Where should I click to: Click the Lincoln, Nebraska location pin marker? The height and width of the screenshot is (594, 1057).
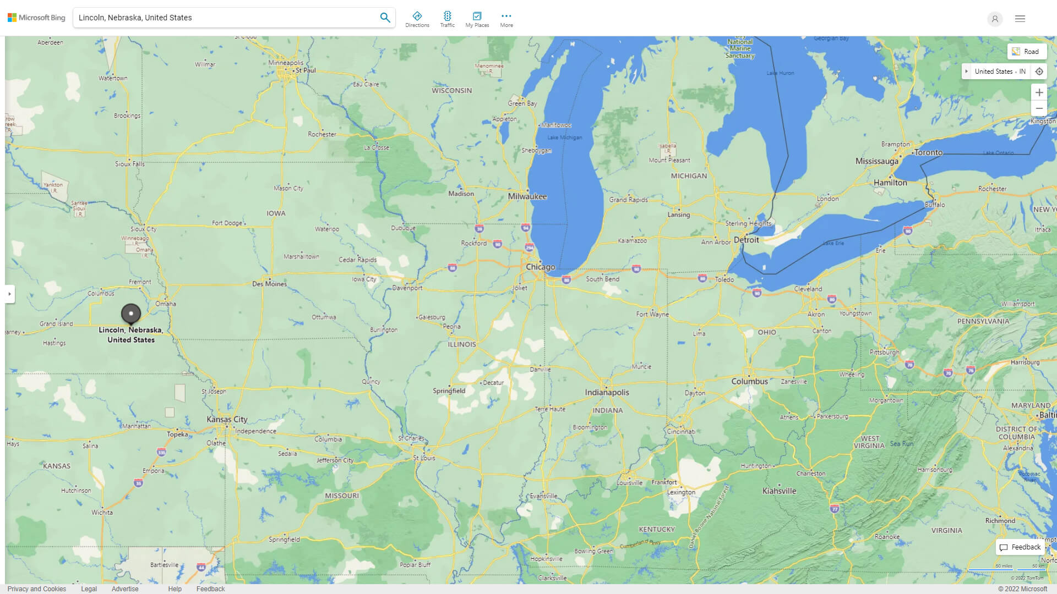click(131, 313)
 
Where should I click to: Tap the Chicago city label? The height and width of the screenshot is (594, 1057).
click(540, 267)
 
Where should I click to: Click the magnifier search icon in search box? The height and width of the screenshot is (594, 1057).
click(385, 18)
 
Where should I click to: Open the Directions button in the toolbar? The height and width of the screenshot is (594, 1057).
click(417, 19)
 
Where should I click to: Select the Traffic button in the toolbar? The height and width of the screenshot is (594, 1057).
click(447, 19)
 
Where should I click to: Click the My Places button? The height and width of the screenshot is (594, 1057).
click(477, 19)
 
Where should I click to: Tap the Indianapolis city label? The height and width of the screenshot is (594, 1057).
click(607, 392)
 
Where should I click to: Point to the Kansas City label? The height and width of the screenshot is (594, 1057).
click(227, 419)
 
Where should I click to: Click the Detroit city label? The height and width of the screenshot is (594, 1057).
click(746, 240)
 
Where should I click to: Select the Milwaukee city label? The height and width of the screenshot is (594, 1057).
click(527, 196)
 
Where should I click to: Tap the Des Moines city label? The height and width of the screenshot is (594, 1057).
click(269, 284)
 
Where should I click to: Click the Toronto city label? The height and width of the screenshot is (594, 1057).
click(928, 152)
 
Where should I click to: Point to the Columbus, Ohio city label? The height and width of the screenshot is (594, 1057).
click(749, 381)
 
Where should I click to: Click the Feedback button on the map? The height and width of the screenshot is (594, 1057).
click(1020, 547)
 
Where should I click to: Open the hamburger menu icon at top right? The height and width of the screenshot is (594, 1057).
click(1020, 19)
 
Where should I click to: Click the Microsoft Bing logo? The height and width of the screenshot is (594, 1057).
click(36, 18)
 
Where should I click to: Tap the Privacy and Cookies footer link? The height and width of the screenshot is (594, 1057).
click(36, 588)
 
